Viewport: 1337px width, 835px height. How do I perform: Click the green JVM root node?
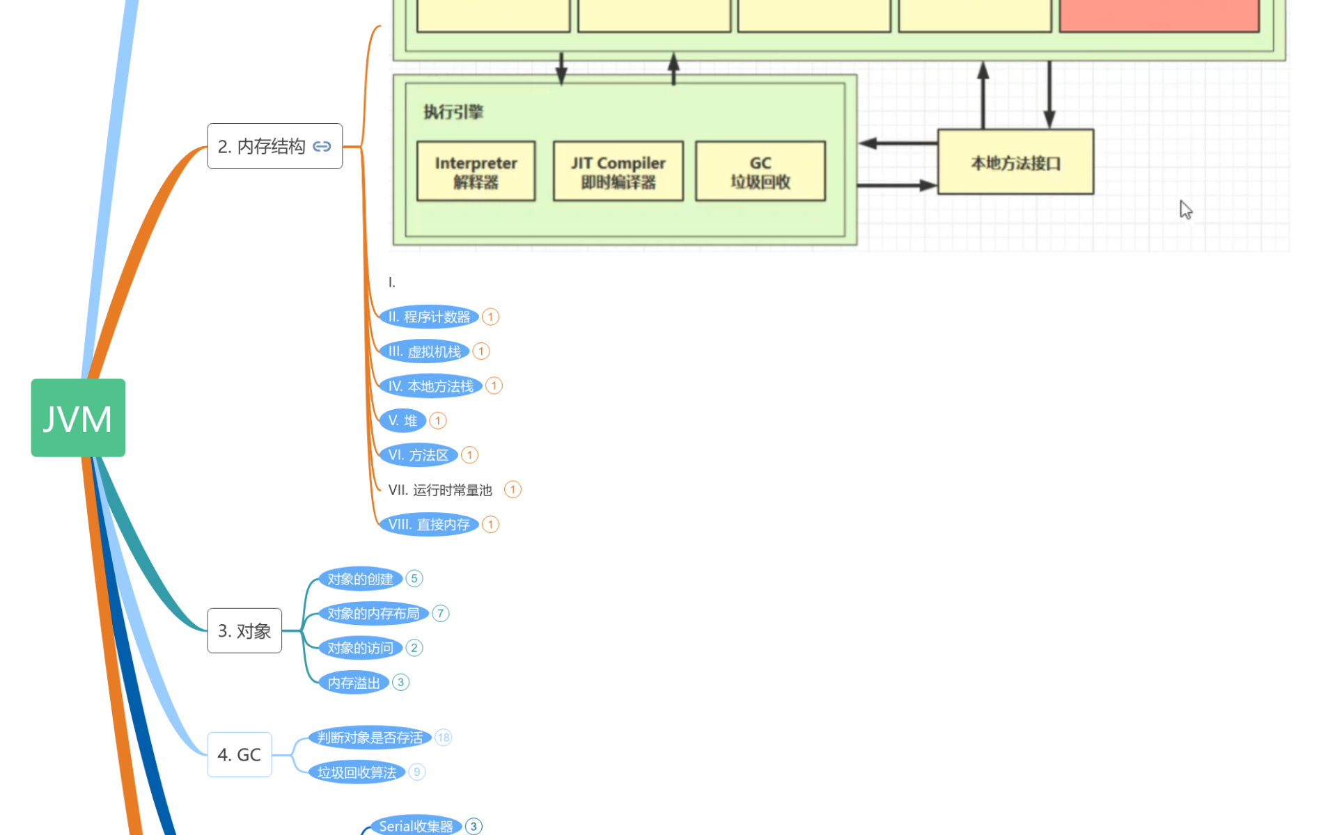(x=78, y=417)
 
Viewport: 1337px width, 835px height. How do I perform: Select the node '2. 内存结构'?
(x=262, y=146)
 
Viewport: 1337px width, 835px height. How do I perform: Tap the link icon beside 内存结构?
(x=322, y=146)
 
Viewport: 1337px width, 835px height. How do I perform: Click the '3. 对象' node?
(x=244, y=630)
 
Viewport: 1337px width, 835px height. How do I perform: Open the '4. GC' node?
(x=239, y=754)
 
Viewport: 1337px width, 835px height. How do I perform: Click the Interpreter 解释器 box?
(x=476, y=171)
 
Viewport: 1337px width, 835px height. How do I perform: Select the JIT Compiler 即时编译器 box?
(x=618, y=171)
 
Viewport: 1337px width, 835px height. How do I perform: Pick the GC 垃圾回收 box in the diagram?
(x=760, y=171)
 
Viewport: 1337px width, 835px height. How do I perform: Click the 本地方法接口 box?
(x=1015, y=162)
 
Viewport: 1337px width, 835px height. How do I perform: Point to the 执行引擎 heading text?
(x=453, y=112)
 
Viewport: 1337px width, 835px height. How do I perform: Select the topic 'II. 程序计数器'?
(x=429, y=317)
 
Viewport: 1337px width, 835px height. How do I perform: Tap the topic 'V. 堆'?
(x=402, y=420)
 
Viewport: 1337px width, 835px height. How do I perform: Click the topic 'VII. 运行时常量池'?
(x=440, y=490)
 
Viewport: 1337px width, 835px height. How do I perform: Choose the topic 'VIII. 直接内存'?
(x=429, y=524)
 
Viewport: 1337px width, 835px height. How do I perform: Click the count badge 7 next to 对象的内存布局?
(x=440, y=613)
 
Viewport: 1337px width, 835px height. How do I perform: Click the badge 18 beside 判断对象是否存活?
(x=444, y=738)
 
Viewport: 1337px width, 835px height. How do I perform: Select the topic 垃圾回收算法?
(x=357, y=772)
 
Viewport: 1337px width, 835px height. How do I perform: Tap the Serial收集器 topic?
(x=416, y=826)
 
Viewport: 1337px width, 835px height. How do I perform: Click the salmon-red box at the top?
(x=1159, y=15)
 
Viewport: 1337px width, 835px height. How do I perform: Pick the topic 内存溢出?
(x=354, y=683)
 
